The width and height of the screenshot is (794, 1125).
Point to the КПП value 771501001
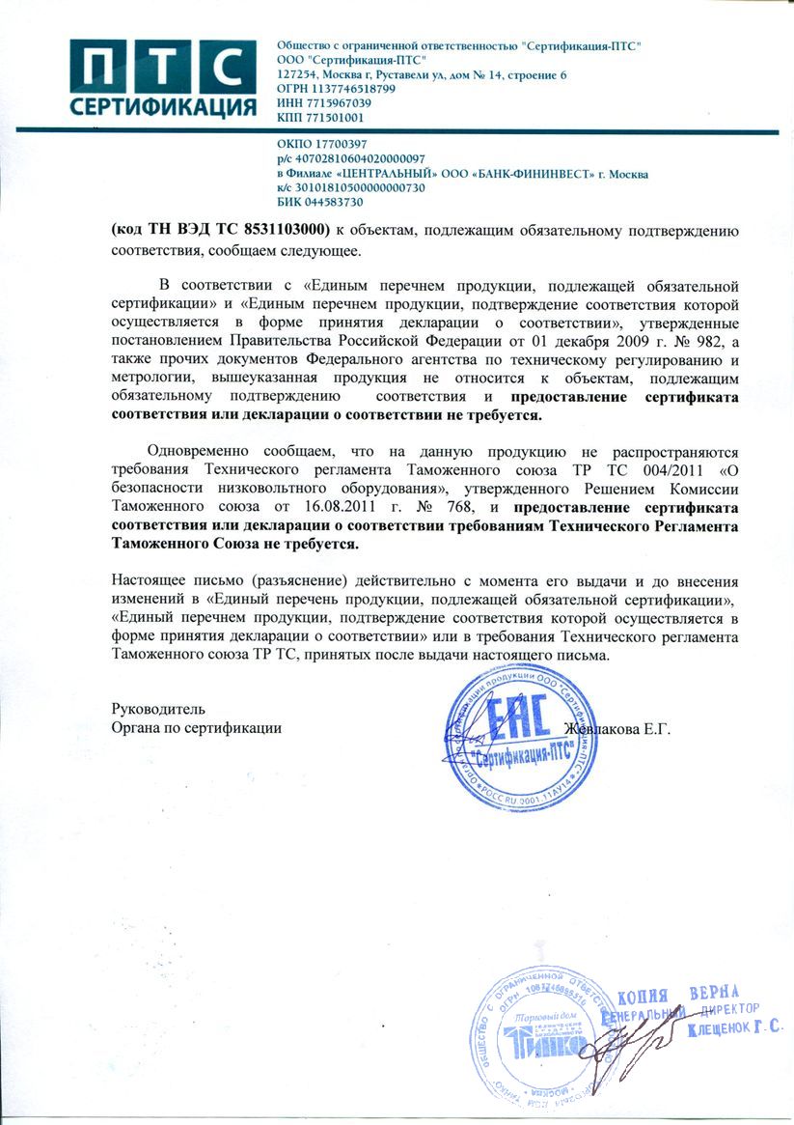pos(333,117)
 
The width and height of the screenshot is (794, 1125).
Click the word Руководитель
pos(158,710)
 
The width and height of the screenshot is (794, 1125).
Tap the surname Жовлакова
pos(598,728)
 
